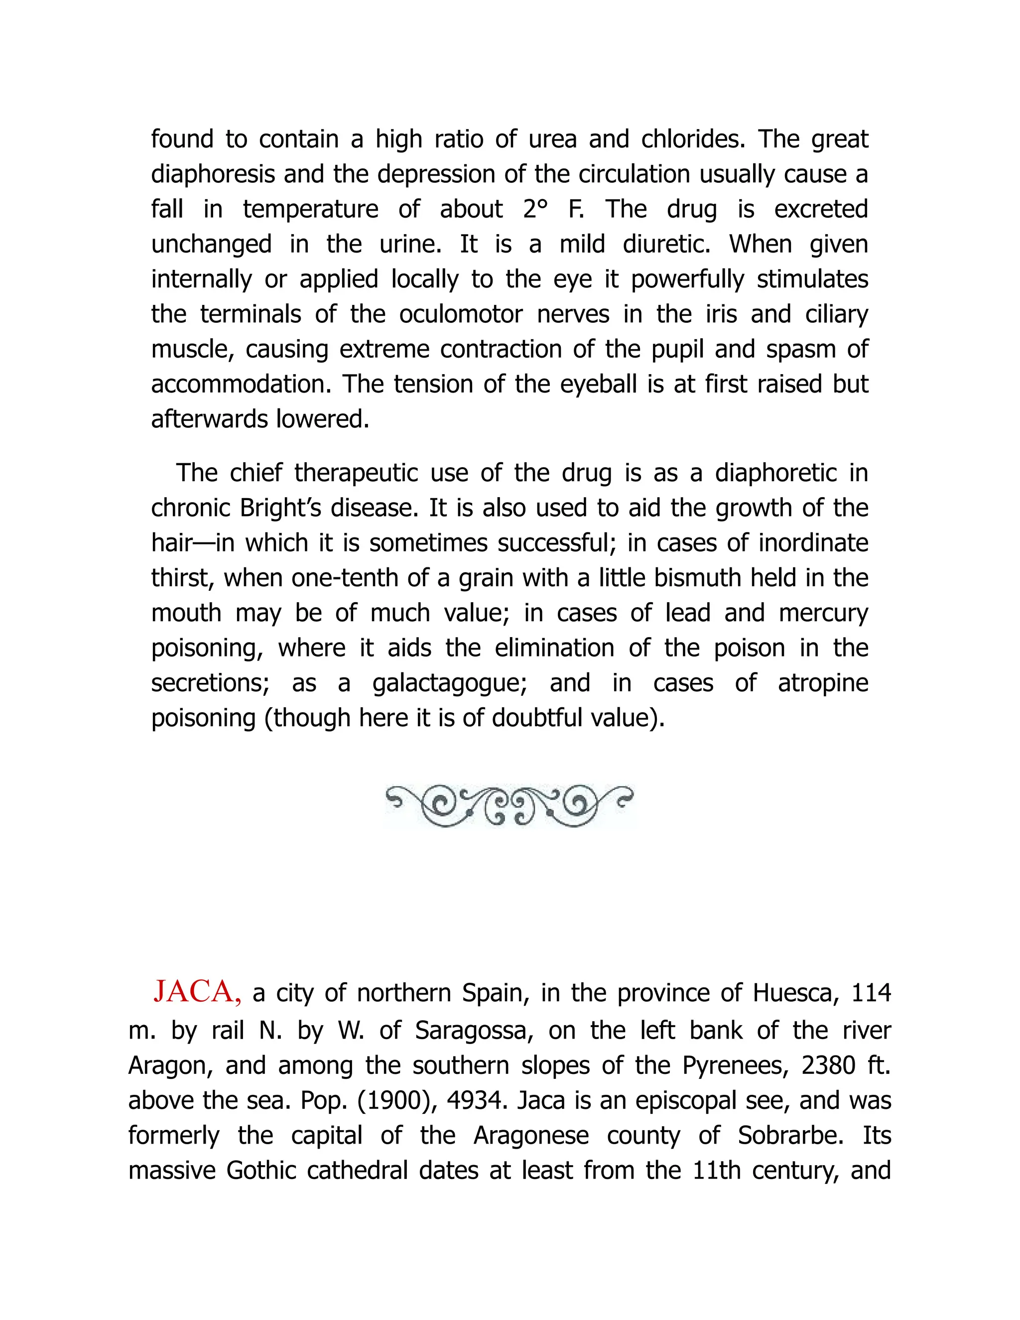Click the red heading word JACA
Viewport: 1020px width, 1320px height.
tap(197, 992)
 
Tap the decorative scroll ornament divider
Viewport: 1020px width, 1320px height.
tap(510, 805)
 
